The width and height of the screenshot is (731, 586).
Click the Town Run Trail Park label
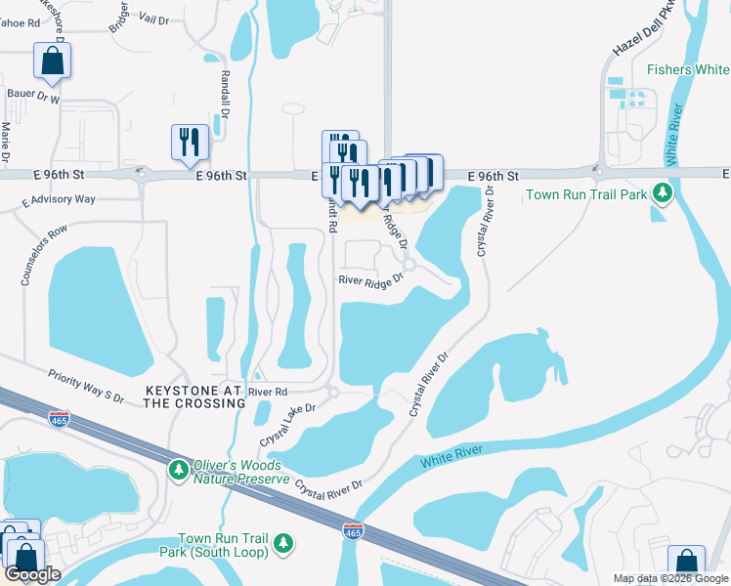(586, 194)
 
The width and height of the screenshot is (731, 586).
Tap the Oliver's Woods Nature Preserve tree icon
(178, 471)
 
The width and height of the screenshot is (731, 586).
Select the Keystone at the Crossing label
(193, 397)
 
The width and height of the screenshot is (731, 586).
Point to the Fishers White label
(688, 69)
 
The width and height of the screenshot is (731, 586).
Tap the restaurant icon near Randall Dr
(188, 142)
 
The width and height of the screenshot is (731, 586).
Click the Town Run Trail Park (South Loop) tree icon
(283, 542)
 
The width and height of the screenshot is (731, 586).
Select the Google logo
(32, 575)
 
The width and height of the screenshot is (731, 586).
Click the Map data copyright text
(670, 578)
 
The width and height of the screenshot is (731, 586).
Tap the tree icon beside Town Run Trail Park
(665, 193)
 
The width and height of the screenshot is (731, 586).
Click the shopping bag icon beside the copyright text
(686, 563)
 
